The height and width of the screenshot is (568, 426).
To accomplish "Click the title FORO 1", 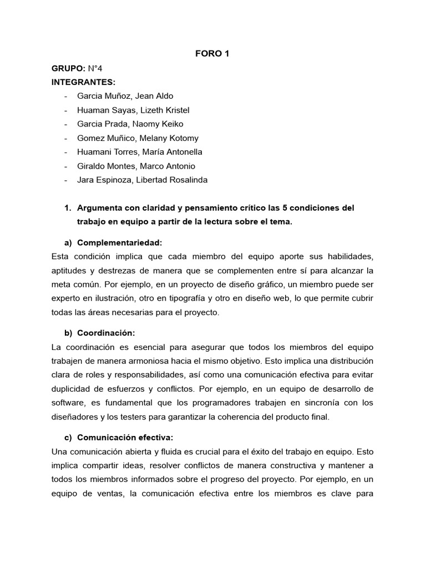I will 212,54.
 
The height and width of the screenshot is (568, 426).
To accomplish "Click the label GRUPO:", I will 68,68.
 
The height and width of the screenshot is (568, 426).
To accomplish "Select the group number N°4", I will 95,68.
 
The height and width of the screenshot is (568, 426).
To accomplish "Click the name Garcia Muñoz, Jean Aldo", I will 125,96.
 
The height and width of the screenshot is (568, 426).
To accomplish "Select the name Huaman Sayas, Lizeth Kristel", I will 133,110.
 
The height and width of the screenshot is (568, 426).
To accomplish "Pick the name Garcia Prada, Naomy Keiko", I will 130,124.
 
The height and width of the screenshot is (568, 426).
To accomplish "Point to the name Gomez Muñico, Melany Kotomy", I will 138,138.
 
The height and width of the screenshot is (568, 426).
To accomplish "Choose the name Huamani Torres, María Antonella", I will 139,151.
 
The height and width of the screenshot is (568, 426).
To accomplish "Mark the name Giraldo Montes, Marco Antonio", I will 136,166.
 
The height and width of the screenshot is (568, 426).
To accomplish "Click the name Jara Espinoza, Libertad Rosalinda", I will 143,180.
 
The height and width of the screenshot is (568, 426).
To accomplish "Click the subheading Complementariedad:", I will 119,242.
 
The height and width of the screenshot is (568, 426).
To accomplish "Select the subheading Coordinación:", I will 106,333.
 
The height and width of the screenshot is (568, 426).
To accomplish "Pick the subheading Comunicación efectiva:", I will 125,438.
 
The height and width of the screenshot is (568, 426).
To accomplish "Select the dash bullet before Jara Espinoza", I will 66,180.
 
